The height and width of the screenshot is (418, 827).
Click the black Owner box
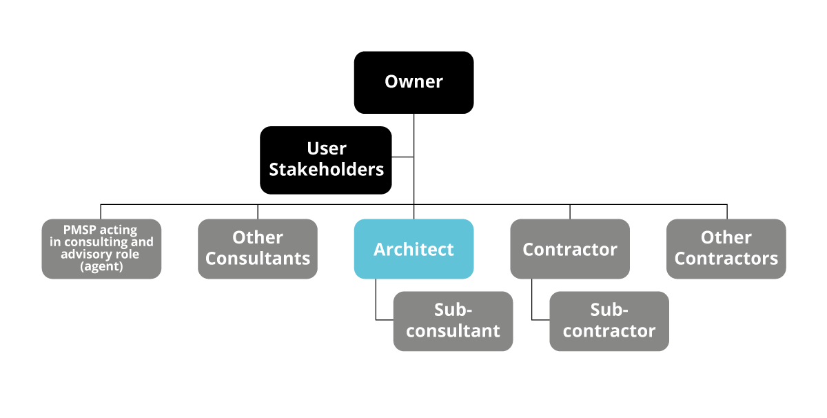[413, 82]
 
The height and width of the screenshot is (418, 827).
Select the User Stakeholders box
[325, 160]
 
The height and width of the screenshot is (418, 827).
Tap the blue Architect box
[413, 249]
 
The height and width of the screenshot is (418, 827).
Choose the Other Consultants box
[257, 249]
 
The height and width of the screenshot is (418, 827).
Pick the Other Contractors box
[726, 249]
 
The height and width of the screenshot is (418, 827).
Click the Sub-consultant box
[453, 321]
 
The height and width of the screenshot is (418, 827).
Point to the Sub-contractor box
[609, 321]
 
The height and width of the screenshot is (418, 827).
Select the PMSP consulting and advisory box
[101, 249]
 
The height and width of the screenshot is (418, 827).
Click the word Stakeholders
[327, 170]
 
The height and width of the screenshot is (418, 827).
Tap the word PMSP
[80, 230]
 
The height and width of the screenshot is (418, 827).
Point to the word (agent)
[101, 266]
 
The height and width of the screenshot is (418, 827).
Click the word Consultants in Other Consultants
[258, 259]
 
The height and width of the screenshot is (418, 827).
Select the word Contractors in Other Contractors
[726, 259]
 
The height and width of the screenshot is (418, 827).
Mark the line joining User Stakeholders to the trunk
[402, 157]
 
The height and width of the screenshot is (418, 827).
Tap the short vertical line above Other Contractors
[727, 212]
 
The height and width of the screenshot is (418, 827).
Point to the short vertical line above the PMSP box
[101, 212]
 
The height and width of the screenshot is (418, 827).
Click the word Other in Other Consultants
[258, 237]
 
